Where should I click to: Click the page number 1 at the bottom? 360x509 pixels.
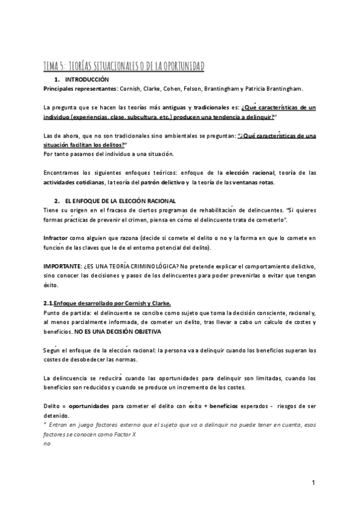click(x=313, y=483)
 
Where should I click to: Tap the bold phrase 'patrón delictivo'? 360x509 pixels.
click(x=159, y=182)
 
